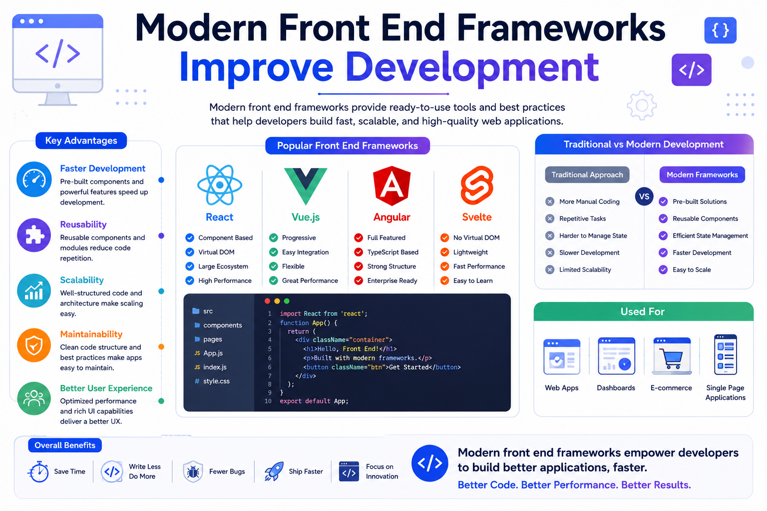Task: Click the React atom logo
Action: tap(220, 185)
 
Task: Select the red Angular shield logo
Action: tap(391, 186)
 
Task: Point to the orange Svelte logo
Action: tap(477, 185)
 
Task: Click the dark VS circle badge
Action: tap(644, 197)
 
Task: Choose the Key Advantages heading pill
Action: tap(81, 141)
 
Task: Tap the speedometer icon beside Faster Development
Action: tap(34, 179)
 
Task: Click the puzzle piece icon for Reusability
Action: tap(34, 235)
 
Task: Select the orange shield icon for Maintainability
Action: tap(34, 345)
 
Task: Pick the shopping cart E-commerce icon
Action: tap(672, 356)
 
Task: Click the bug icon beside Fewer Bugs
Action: tap(193, 472)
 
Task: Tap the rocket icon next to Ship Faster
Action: tap(274, 471)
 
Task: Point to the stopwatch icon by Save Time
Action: tap(38, 472)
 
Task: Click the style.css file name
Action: tap(216, 381)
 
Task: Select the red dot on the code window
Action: tap(268, 301)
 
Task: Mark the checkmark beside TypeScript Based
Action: tap(359, 252)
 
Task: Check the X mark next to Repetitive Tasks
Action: tap(550, 219)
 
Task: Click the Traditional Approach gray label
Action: tap(587, 175)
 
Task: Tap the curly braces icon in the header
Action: tap(721, 30)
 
